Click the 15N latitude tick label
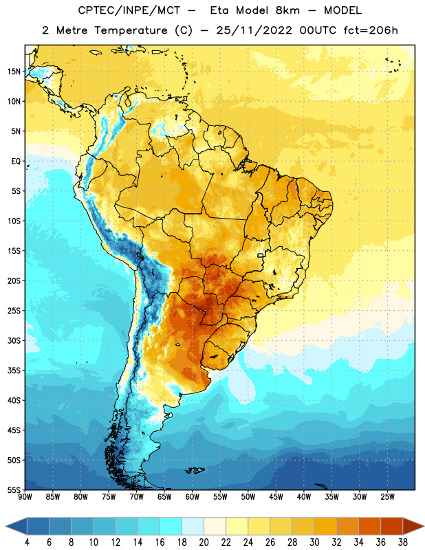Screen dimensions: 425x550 pyautogui.click(x=14, y=71)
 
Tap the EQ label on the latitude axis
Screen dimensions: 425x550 pyautogui.click(x=16, y=162)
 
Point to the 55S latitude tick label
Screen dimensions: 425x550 pyautogui.click(x=14, y=489)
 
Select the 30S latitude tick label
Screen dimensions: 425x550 pyautogui.click(x=14, y=340)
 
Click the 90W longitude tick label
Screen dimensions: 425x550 pyautogui.click(x=25, y=497)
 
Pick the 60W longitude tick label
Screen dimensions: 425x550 pyautogui.click(x=193, y=497)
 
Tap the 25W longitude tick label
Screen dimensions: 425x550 pyautogui.click(x=387, y=497)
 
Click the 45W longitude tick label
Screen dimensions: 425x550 pyautogui.click(x=276, y=497)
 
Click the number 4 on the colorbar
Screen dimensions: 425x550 pyautogui.click(x=27, y=542)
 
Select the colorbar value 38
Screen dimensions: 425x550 pyautogui.click(x=403, y=542)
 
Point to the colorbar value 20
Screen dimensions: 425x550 pyautogui.click(x=204, y=542)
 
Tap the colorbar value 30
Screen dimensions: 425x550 pyautogui.click(x=314, y=542)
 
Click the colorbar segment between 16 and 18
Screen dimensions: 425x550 pyautogui.click(x=171, y=527)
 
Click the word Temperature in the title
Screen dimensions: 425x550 pyautogui.click(x=131, y=30)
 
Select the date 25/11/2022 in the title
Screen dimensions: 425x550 pyautogui.click(x=254, y=30)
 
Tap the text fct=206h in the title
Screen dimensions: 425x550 pyautogui.click(x=371, y=30)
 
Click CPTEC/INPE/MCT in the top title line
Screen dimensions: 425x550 pyautogui.click(x=129, y=10)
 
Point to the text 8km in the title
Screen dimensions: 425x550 pyautogui.click(x=287, y=10)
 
